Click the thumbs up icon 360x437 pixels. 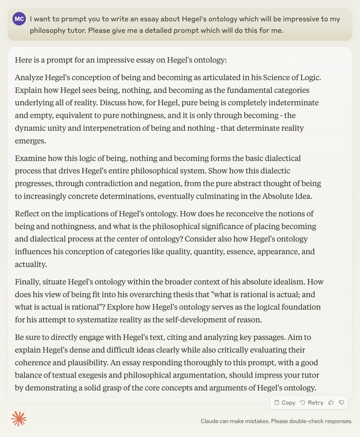pyautogui.click(x=331, y=402)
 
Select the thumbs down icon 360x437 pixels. pyautogui.click(x=342, y=402)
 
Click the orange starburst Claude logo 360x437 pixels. pyautogui.click(x=19, y=419)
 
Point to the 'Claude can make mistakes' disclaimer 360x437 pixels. pyautogui.click(x=276, y=421)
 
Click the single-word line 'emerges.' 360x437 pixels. pyautogui.click(x=29, y=141)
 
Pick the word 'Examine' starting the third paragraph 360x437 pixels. pyautogui.click(x=29, y=158)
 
